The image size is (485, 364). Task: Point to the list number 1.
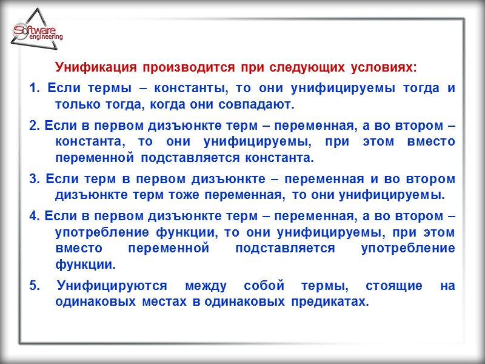(33, 89)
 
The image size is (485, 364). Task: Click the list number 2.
(33, 128)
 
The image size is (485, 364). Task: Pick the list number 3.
(33, 180)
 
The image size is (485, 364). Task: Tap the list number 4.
(33, 217)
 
